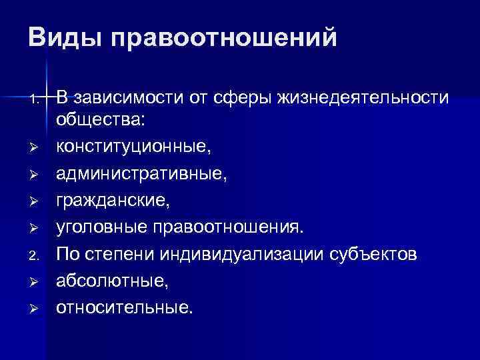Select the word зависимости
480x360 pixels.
(123, 99)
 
